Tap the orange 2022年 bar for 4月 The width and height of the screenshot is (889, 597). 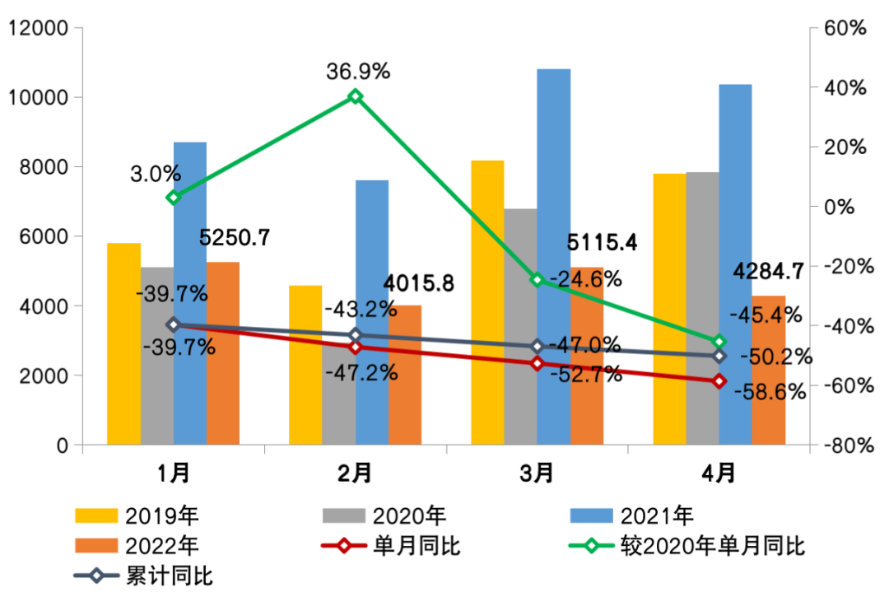click(x=769, y=371)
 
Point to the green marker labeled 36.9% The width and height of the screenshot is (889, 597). click(x=356, y=96)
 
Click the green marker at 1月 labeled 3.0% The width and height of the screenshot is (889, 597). click(x=173, y=198)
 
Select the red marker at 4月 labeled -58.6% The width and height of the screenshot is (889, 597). click(x=719, y=381)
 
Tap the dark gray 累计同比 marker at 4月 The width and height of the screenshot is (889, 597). click(x=719, y=355)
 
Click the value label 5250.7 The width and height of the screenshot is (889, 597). click(x=235, y=238)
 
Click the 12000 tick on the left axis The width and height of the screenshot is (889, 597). click(x=37, y=29)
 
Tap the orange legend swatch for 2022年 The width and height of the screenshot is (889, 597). click(x=95, y=546)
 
